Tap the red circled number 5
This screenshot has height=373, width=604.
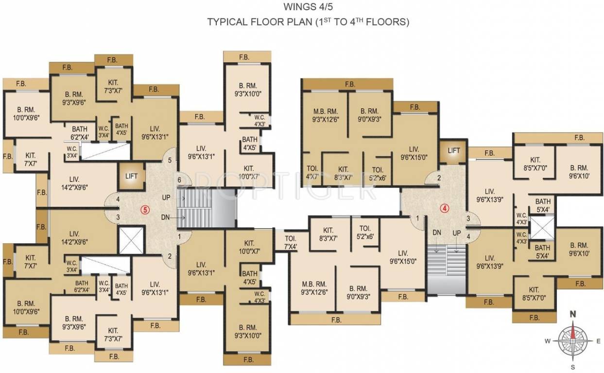tap(144, 210)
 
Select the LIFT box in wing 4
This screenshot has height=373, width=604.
tap(453, 151)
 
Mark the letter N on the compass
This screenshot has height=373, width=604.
tap(573, 314)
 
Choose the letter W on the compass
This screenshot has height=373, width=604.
tap(547, 341)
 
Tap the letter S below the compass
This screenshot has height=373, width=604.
tap(573, 366)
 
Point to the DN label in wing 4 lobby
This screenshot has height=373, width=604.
tap(437, 233)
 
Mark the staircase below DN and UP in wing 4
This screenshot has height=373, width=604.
tap(446, 270)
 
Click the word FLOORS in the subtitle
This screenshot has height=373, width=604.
tap(392, 22)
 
